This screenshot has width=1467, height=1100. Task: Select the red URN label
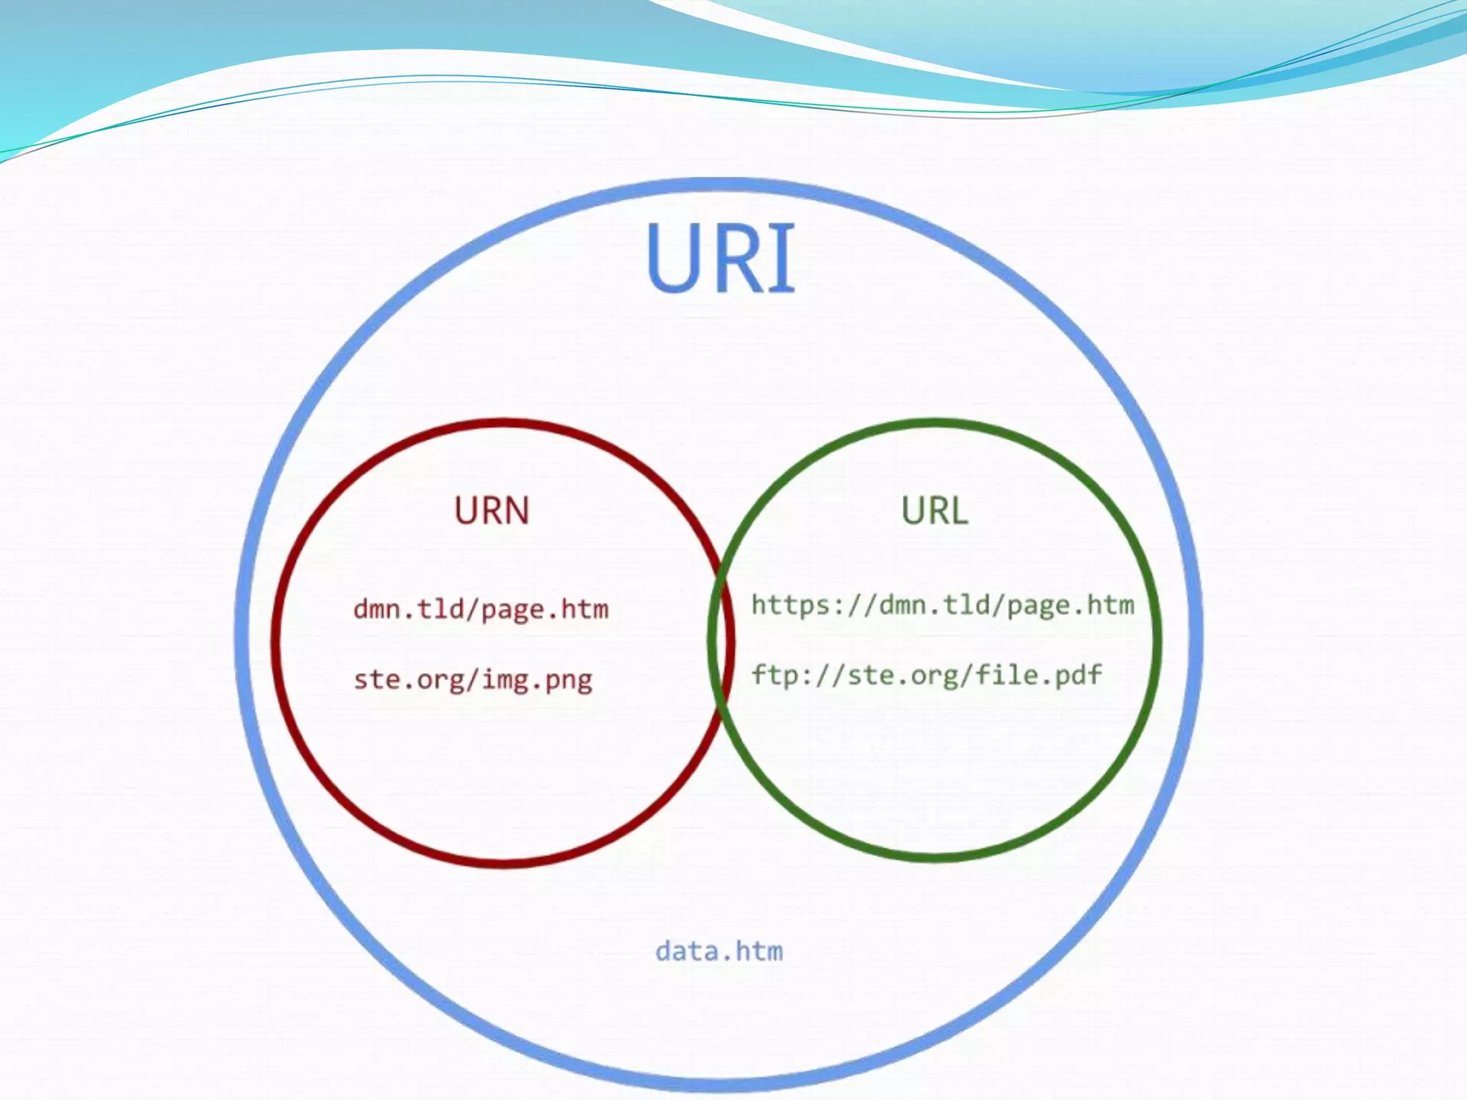coord(491,511)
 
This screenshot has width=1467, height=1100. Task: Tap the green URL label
coord(934,511)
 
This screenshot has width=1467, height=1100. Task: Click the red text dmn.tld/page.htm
coord(481,609)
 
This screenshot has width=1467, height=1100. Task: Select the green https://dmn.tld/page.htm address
coord(943,606)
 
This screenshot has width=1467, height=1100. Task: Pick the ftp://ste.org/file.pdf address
coord(926,675)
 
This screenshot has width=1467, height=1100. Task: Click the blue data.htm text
coord(719,951)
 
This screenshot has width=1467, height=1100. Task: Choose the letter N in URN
coord(516,511)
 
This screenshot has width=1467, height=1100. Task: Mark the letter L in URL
coord(958,511)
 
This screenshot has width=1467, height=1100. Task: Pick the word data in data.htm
coord(687,951)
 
